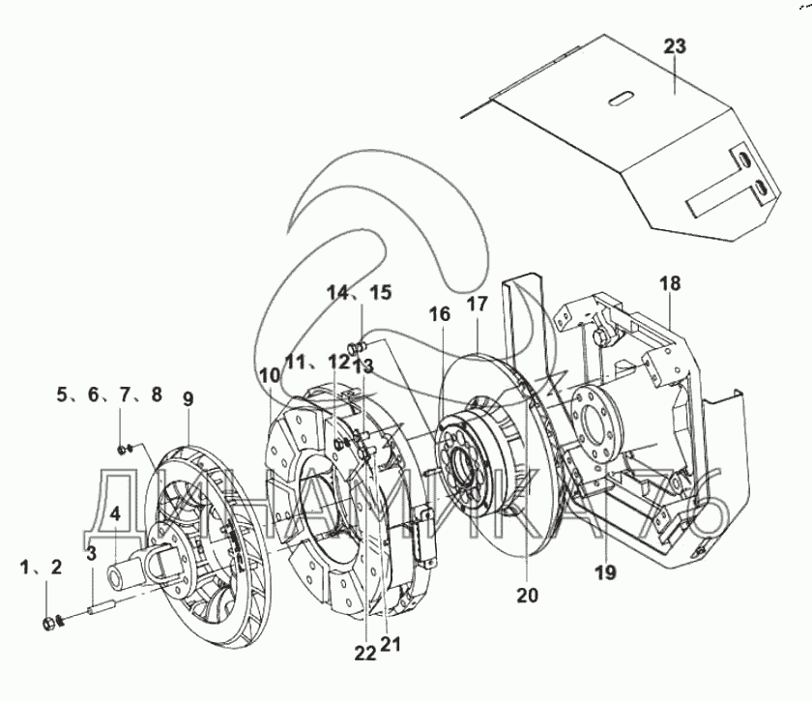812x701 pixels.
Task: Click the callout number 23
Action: pos(676,46)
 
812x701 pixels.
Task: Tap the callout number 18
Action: pos(670,284)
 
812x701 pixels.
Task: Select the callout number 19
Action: pos(605,572)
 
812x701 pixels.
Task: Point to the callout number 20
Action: pos(527,596)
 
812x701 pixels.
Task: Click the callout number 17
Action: pos(478,305)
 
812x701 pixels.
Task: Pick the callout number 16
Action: pos(440,314)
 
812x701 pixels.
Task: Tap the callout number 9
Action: pos(188,399)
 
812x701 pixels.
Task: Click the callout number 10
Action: pos(271,374)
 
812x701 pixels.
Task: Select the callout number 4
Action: pos(115,514)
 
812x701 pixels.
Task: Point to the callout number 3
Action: pos(92,553)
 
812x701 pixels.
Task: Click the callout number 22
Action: pos(365,655)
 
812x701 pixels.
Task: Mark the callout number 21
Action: pos(391,644)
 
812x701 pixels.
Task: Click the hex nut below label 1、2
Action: pos(47,625)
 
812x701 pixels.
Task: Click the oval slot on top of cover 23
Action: pos(621,99)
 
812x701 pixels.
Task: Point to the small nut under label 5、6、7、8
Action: pos(121,451)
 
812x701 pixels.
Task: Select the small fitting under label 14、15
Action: pos(358,346)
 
